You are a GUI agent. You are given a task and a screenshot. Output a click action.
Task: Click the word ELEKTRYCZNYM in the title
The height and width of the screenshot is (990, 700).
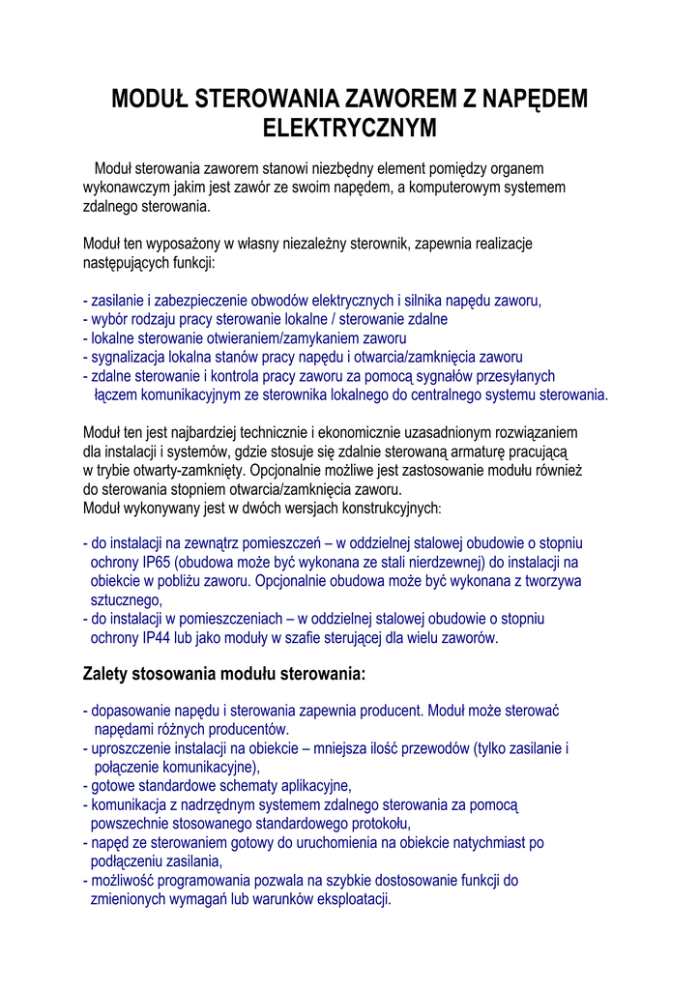pyautogui.click(x=350, y=128)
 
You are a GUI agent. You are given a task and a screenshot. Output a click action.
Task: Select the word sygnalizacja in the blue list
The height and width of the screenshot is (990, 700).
pyautogui.click(x=129, y=357)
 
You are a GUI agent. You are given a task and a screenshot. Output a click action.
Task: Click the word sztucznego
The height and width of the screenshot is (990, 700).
pyautogui.click(x=125, y=600)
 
